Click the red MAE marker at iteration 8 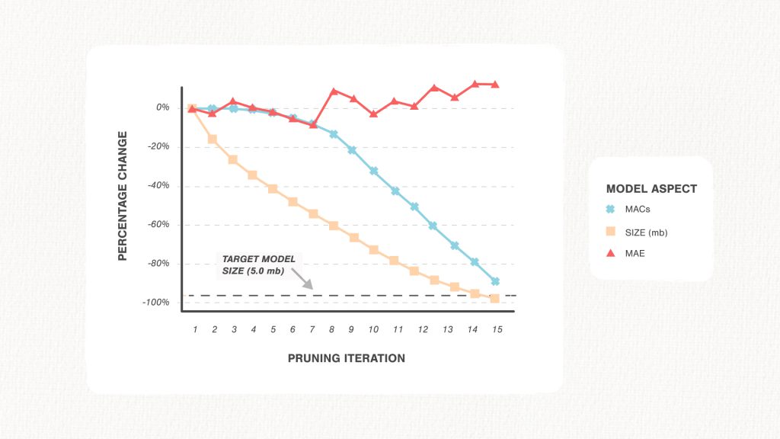pyautogui.click(x=334, y=91)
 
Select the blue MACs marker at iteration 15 pyautogui.click(x=495, y=281)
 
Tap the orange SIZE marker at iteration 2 pyautogui.click(x=213, y=139)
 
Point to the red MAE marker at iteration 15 pyautogui.click(x=495, y=84)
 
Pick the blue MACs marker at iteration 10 pyautogui.click(x=373, y=171)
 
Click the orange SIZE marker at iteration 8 pyautogui.click(x=334, y=226)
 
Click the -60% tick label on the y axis pyautogui.click(x=158, y=225)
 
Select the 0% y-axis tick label pyautogui.click(x=163, y=107)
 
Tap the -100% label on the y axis pyautogui.click(x=156, y=303)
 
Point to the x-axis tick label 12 pyautogui.click(x=423, y=329)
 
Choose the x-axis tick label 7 pyautogui.click(x=312, y=329)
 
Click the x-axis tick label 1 pyautogui.click(x=195, y=329)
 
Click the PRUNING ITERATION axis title pyautogui.click(x=347, y=358)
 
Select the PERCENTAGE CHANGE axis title pyautogui.click(x=123, y=196)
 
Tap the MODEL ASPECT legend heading pyautogui.click(x=652, y=189)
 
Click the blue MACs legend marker pyautogui.click(x=610, y=209)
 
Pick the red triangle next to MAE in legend pyautogui.click(x=610, y=253)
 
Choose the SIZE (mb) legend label pyautogui.click(x=646, y=232)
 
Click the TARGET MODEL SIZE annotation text pyautogui.click(x=259, y=264)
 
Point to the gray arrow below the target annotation pyautogui.click(x=302, y=279)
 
